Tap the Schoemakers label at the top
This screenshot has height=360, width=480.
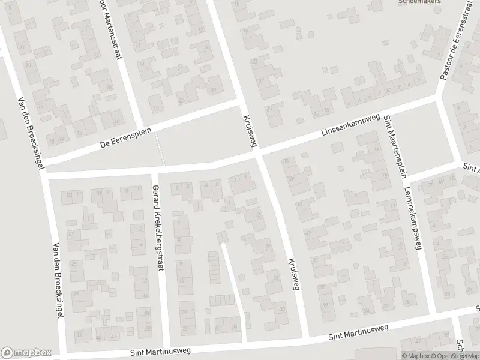420,2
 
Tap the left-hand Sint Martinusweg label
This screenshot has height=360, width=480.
158,352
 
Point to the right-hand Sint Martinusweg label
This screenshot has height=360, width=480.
359,334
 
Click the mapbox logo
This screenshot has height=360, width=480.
25,353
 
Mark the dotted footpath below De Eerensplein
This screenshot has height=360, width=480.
160,149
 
